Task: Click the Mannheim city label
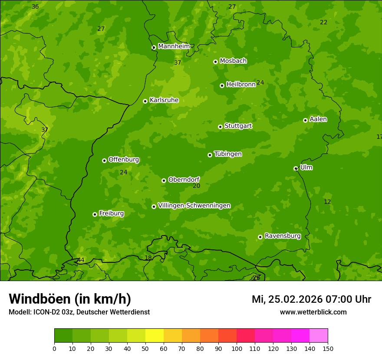(x=174, y=46)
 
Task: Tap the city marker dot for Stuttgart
(x=220, y=127)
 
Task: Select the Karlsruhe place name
(x=164, y=100)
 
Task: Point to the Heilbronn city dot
(x=222, y=85)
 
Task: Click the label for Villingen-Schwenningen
(x=194, y=206)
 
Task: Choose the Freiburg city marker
(x=95, y=214)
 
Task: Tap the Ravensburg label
(x=282, y=236)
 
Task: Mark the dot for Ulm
(x=296, y=168)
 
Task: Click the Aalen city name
(x=318, y=119)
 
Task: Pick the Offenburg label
(x=124, y=160)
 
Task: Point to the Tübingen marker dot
(x=210, y=155)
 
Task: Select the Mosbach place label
(x=233, y=61)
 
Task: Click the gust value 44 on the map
(x=81, y=260)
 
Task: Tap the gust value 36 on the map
(x=35, y=7)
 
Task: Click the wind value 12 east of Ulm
(x=327, y=202)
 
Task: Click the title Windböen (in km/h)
(x=70, y=299)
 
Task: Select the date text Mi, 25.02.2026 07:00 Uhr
(x=311, y=299)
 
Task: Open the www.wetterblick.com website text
(x=313, y=312)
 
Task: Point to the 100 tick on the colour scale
(x=237, y=348)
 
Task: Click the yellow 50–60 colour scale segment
(x=155, y=336)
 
